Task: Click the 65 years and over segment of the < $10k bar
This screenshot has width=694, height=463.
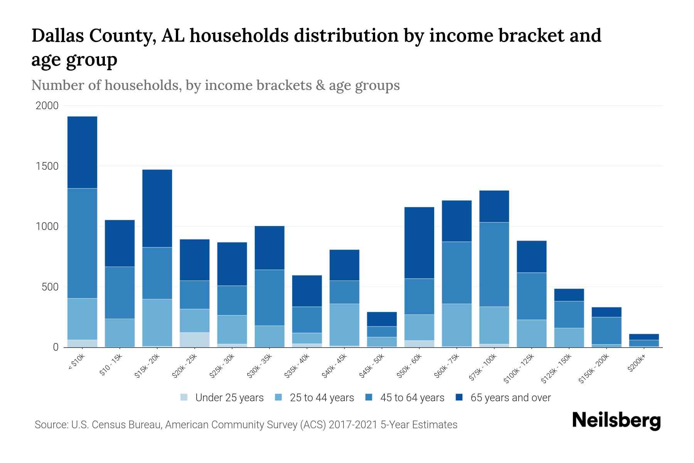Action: [82, 152]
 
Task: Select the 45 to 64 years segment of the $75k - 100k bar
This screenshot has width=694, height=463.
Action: [494, 264]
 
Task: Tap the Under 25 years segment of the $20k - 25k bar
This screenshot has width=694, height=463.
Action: [194, 340]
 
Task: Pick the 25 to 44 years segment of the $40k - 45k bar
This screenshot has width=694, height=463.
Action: [344, 324]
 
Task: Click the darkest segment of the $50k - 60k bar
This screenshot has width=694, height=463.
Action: [419, 243]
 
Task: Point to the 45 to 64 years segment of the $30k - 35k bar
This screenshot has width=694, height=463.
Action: [270, 297]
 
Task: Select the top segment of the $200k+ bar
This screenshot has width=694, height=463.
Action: [644, 337]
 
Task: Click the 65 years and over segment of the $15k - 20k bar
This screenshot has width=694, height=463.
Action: [157, 208]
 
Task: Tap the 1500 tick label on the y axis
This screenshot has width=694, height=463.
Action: [47, 166]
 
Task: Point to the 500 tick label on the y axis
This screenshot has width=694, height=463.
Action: [50, 287]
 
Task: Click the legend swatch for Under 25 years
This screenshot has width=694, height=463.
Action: [184, 397]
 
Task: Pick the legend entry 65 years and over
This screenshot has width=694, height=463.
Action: [510, 398]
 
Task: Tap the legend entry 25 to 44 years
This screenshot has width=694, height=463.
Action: [322, 398]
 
